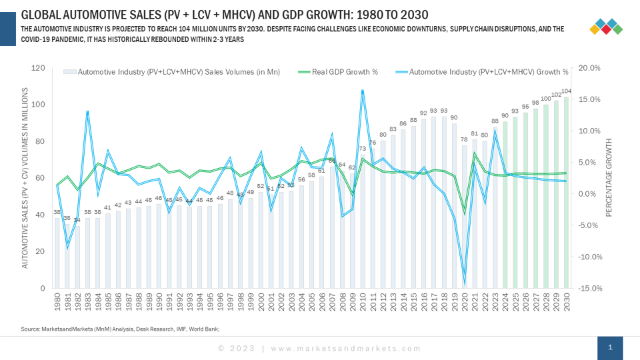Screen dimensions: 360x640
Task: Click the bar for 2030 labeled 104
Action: tap(567, 193)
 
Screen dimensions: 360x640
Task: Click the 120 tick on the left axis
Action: tap(38, 68)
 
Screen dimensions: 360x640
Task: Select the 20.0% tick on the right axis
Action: tap(590, 68)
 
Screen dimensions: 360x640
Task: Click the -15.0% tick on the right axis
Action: tap(590, 288)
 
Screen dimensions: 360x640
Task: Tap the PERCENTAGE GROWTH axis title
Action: tap(609, 178)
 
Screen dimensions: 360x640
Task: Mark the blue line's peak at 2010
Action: tap(363, 91)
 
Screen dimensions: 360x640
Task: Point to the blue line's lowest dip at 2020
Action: tap(465, 279)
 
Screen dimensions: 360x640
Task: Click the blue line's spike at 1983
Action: tap(87, 112)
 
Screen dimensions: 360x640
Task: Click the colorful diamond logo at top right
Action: tap(607, 27)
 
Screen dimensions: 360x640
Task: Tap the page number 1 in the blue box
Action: tap(610, 347)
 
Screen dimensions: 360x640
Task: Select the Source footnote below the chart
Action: tap(120, 329)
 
